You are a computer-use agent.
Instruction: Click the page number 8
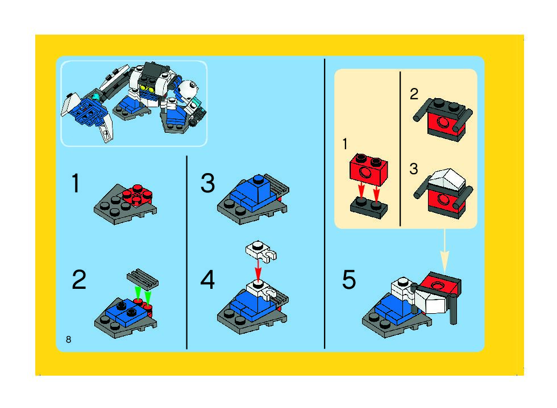pyautogui.click(x=69, y=339)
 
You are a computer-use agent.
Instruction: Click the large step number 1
pyautogui.click(x=75, y=183)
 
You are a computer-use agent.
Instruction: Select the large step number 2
pyautogui.click(x=79, y=279)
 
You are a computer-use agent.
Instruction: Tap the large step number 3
pyautogui.click(x=208, y=183)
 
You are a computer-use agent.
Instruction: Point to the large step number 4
pyautogui.click(x=207, y=280)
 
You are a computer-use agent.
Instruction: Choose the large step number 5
pyautogui.click(x=349, y=280)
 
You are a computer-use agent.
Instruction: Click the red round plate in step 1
pyautogui.click(x=138, y=195)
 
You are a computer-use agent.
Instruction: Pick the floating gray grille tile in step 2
pyautogui.click(x=143, y=278)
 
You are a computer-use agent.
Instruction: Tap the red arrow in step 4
pyautogui.click(x=258, y=270)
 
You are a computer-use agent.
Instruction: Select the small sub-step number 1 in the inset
pyautogui.click(x=344, y=144)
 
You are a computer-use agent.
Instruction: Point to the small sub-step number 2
pyautogui.click(x=414, y=94)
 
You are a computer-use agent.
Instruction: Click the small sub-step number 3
pyautogui.click(x=414, y=169)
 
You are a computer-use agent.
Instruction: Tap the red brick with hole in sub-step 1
pyautogui.click(x=369, y=170)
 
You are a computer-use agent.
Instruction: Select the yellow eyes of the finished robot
pyautogui.click(x=147, y=87)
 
